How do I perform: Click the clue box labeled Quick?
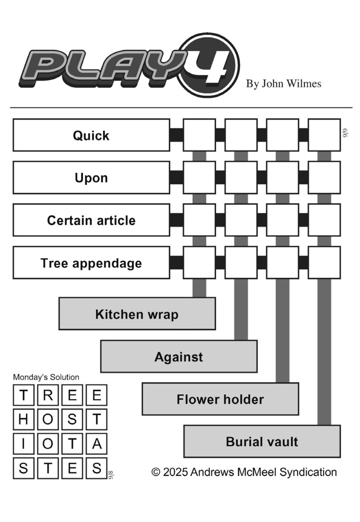91,135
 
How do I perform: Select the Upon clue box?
91,178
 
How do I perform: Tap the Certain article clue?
91,220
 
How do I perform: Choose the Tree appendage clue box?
91,263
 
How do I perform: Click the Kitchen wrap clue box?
137,314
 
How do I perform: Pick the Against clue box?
178,356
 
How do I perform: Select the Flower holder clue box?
220,399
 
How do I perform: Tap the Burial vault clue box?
262,441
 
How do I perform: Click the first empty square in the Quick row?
199,135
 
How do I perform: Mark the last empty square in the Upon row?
325,178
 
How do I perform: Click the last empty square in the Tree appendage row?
325,263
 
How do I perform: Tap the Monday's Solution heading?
46,377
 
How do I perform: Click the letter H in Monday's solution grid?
23,420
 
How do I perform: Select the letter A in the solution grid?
97,444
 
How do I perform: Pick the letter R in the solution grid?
48,395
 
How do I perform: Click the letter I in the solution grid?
23,444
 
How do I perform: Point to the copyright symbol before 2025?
156,472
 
